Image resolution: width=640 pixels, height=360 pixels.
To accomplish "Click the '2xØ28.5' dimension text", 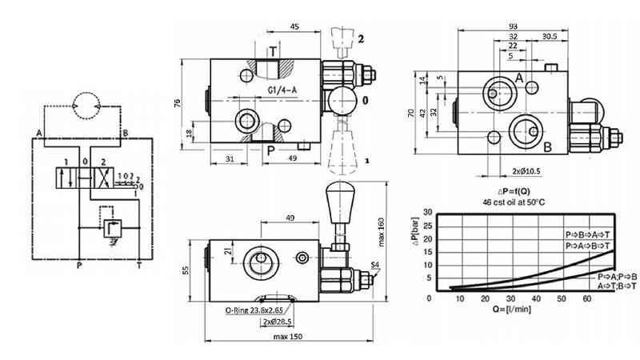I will (x=277, y=322).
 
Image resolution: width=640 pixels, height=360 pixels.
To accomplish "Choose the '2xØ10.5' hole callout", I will (x=527, y=170).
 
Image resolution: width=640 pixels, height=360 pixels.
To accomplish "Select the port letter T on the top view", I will (x=273, y=52).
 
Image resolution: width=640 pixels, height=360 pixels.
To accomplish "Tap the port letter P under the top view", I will (x=270, y=150).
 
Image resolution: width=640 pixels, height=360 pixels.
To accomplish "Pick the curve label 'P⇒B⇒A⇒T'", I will (x=587, y=234).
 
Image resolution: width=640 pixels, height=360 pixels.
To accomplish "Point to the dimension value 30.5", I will (x=548, y=36).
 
